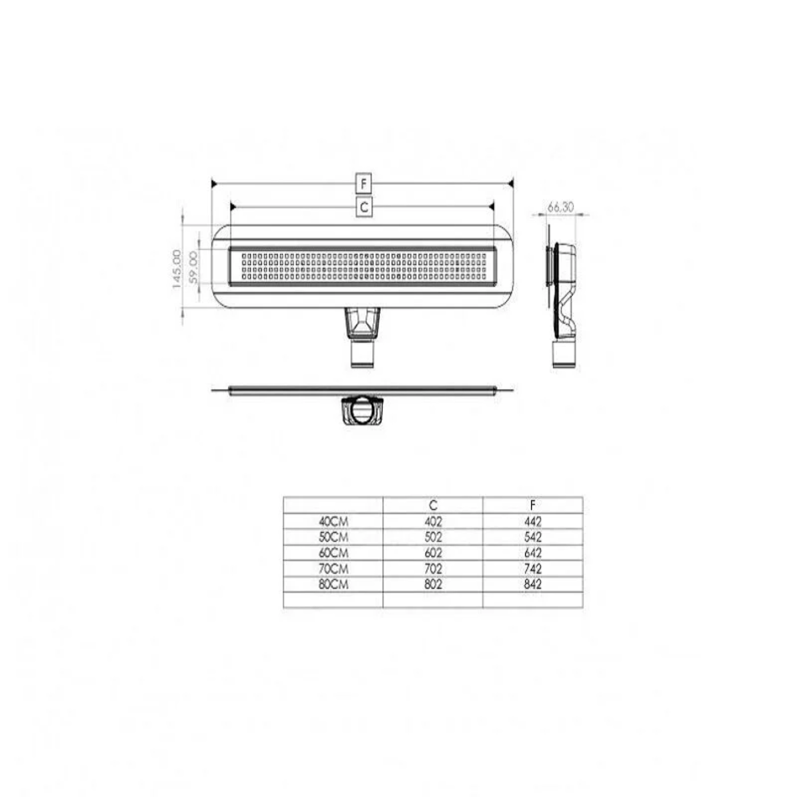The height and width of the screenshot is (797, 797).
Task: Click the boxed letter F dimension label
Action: [x=363, y=184]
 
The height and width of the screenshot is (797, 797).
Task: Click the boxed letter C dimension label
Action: [x=363, y=207]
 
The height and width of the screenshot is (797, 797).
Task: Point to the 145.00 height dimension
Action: [x=177, y=269]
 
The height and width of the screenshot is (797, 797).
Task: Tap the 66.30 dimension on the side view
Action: [x=560, y=207]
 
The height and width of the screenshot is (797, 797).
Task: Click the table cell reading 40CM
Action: [x=333, y=522]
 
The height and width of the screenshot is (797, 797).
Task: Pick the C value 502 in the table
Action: [x=433, y=537]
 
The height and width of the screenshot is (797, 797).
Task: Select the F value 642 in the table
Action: [x=533, y=553]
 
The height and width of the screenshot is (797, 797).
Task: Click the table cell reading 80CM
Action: [x=333, y=585]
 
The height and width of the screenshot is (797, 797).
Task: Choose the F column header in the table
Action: [x=533, y=505]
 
